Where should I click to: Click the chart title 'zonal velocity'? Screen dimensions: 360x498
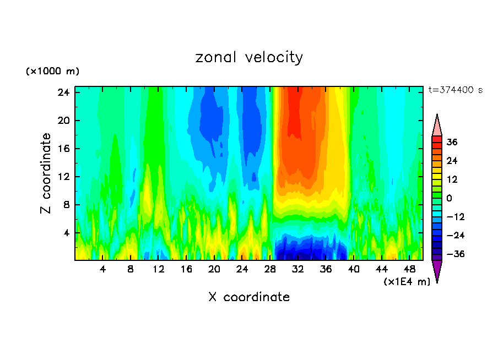[249, 57]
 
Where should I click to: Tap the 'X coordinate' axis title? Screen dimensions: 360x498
[249, 297]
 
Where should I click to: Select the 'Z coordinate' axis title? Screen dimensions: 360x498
[46, 173]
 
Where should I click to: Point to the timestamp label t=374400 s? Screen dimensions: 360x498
[455, 90]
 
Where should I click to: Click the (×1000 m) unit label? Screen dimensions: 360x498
[52, 72]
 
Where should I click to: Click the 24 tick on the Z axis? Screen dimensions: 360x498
[62, 92]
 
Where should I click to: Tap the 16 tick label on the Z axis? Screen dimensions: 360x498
[62, 149]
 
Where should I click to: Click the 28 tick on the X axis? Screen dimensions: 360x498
[270, 270]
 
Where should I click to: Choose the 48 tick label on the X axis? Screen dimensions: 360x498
[409, 270]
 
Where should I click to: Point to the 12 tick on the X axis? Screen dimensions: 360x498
[158, 270]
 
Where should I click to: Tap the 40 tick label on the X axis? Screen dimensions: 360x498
[354, 270]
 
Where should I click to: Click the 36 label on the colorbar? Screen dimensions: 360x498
[452, 142]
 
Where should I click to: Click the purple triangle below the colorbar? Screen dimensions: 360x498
[437, 271]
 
